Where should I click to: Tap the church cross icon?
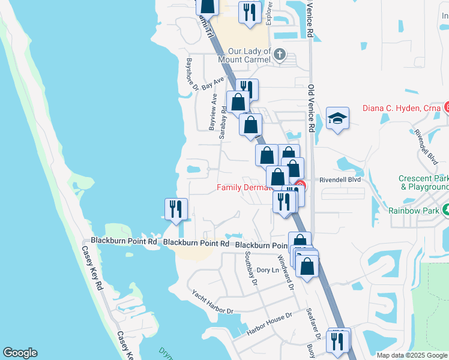tap(279, 55)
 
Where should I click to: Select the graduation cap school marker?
tap(337, 118)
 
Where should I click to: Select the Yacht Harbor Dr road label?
tap(212, 302)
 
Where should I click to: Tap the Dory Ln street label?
tap(268, 270)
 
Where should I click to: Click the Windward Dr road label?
tap(286, 273)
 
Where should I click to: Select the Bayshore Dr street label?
tap(192, 74)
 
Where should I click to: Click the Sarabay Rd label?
tap(223, 118)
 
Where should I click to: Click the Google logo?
tap(20, 353)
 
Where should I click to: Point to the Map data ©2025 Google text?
tap(412, 355)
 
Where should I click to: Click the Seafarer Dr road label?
tap(310, 320)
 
